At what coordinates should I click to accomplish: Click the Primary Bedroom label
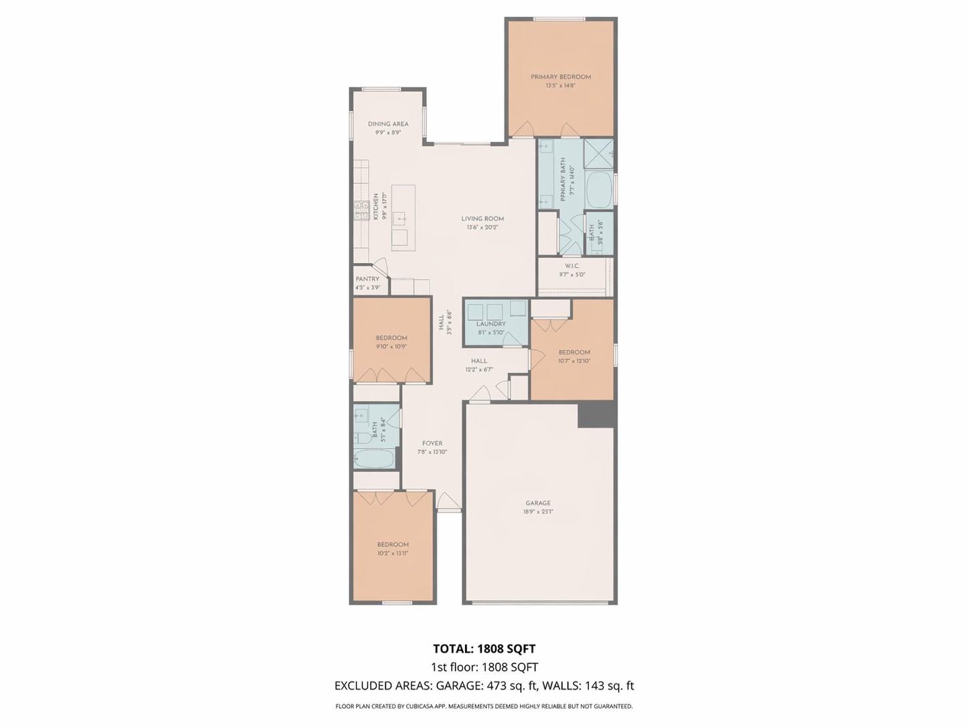click(x=561, y=77)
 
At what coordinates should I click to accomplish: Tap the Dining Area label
click(x=388, y=124)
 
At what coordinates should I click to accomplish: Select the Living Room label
click(x=482, y=218)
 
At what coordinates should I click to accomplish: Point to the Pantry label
click(x=367, y=279)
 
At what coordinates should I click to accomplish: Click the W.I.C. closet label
click(x=572, y=266)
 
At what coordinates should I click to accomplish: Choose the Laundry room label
click(x=491, y=324)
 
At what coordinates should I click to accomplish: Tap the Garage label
click(x=538, y=503)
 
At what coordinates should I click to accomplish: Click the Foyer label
click(x=432, y=443)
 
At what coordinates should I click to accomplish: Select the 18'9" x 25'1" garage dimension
click(x=538, y=512)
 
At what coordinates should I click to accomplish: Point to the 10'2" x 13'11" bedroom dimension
click(x=392, y=554)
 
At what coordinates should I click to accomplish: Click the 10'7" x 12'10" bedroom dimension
click(x=574, y=361)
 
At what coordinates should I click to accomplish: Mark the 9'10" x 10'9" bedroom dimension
click(x=391, y=347)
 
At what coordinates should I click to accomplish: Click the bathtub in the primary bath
click(x=599, y=189)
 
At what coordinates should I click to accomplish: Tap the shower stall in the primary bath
click(x=598, y=154)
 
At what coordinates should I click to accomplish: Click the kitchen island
click(x=404, y=218)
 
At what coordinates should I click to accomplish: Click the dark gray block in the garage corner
click(x=597, y=414)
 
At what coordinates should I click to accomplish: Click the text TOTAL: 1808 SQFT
click(x=484, y=649)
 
